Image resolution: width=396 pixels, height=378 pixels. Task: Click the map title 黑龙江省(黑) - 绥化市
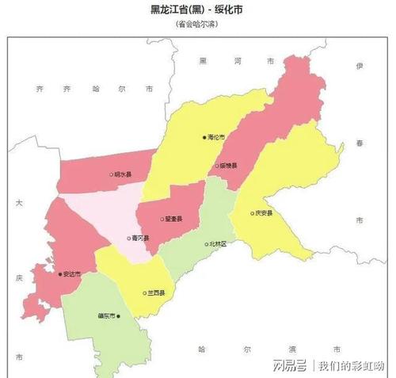[x=197, y=9]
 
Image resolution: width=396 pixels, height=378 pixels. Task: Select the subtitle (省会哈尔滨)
[x=197, y=24]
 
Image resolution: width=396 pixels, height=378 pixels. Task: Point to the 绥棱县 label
[x=229, y=166]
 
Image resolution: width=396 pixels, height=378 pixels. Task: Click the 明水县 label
[x=124, y=174]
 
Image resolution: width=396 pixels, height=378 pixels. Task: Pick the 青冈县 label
[x=142, y=237]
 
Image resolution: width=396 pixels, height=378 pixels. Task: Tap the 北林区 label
[x=218, y=245]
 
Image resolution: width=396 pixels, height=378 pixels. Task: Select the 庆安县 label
[x=264, y=213]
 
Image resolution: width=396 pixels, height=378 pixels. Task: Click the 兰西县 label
[x=157, y=292]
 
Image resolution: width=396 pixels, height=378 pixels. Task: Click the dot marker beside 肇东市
[x=118, y=315]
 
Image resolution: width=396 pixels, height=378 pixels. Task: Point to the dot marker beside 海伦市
[x=204, y=137]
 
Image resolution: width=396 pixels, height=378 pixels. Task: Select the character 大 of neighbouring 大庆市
[x=18, y=204]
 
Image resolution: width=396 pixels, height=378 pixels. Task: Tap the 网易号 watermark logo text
[x=290, y=365]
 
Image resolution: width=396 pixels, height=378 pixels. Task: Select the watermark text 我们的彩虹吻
[x=351, y=365]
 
